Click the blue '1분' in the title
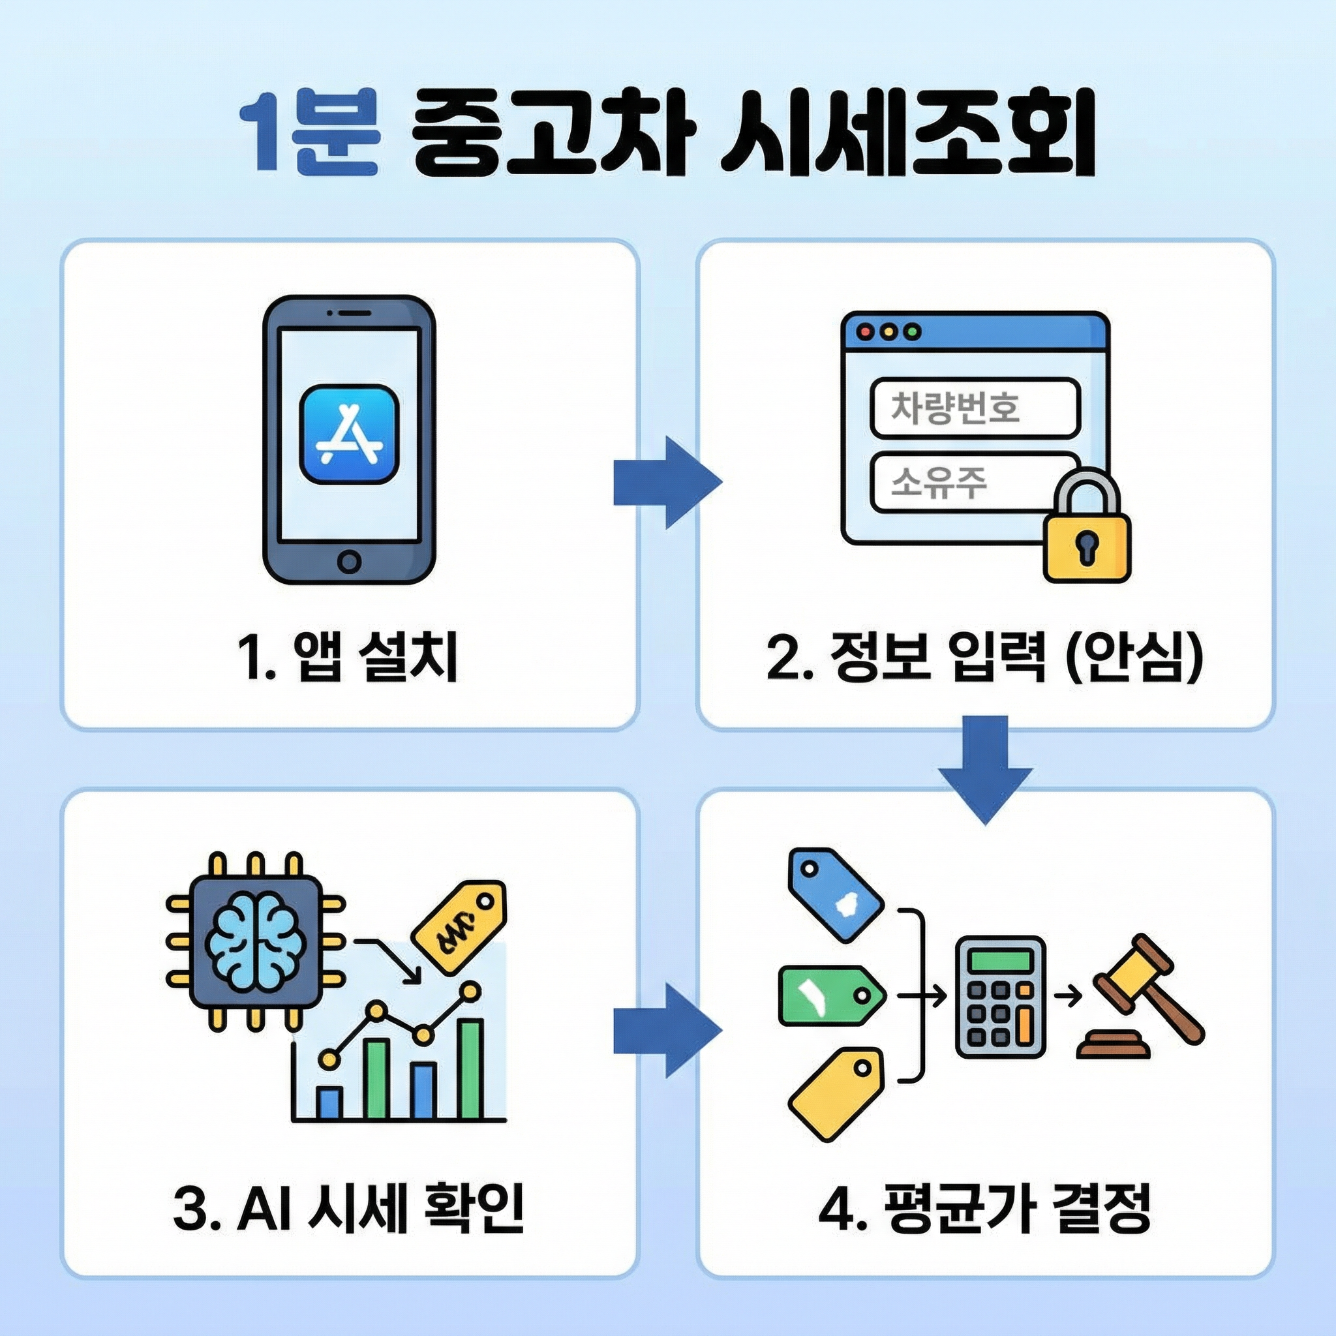(x=309, y=133)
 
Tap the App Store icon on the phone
(x=349, y=434)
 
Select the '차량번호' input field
(x=975, y=408)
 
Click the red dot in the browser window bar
(x=865, y=332)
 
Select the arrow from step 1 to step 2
(x=666, y=482)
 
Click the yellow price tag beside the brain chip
(x=459, y=925)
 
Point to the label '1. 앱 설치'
(x=347, y=657)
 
